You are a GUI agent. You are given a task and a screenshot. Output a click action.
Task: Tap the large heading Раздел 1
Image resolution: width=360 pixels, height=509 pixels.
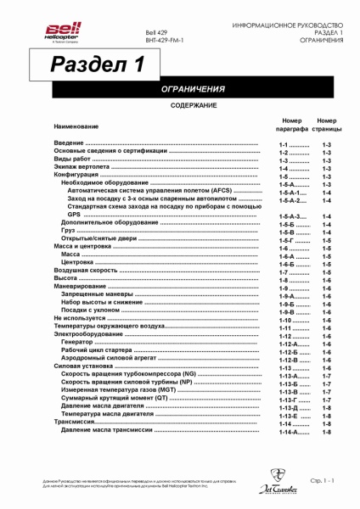tap(97, 64)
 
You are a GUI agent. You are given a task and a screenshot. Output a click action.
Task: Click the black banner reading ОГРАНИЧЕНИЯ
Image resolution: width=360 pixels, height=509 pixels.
tap(193, 89)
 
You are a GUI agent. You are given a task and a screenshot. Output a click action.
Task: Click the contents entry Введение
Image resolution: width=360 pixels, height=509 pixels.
tap(70, 146)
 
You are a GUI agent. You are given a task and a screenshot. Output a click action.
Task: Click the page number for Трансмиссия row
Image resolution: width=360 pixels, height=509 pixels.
tap(326, 423)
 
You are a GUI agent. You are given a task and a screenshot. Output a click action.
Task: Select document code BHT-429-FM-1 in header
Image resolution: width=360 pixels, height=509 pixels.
tap(164, 40)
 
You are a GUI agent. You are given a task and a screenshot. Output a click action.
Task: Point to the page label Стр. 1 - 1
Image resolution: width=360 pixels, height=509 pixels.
tap(323, 481)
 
